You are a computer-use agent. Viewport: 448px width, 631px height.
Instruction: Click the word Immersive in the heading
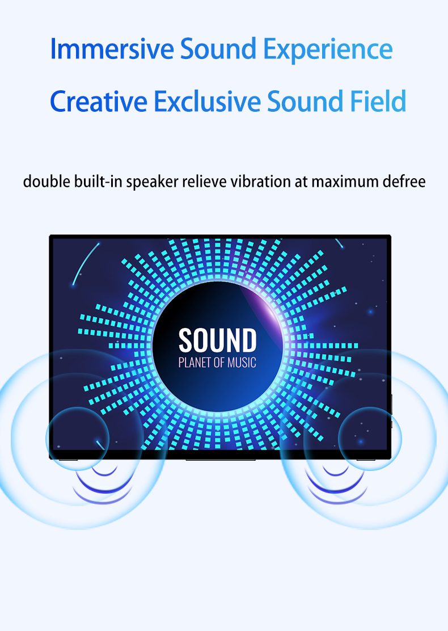pyautogui.click(x=112, y=49)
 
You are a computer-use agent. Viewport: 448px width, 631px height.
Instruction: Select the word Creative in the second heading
pyautogui.click(x=99, y=100)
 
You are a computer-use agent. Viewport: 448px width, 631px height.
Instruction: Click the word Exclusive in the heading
pyautogui.click(x=207, y=100)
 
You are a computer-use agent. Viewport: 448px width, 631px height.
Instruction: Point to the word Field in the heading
pyautogui.click(x=378, y=100)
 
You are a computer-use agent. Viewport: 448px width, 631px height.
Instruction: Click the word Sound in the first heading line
pyautogui.click(x=218, y=49)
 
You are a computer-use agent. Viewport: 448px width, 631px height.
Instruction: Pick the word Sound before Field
pyautogui.click(x=305, y=100)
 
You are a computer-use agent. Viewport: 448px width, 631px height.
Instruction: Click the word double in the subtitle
pyautogui.click(x=47, y=182)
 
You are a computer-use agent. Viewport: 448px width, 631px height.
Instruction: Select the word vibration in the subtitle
pyautogui.click(x=261, y=182)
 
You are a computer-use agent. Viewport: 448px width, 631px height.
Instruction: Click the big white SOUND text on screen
pyautogui.click(x=217, y=340)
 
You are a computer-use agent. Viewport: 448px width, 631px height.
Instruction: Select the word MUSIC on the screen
pyautogui.click(x=242, y=362)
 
